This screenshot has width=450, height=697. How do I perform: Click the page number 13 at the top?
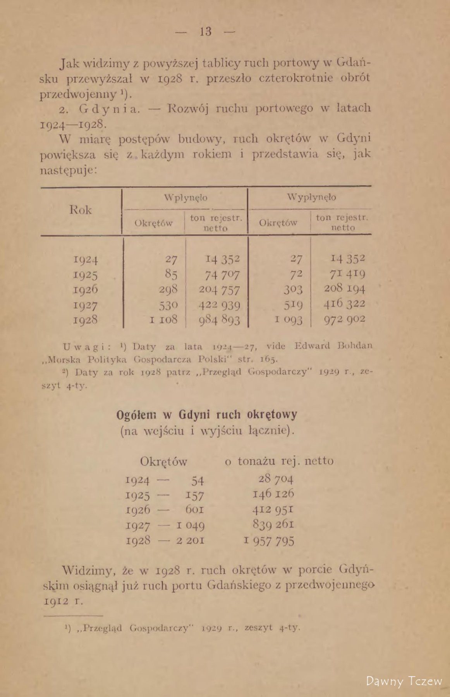[x=205, y=31]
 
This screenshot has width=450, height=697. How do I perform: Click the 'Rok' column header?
[x=81, y=210]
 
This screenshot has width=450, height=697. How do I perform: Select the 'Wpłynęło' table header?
[x=185, y=198]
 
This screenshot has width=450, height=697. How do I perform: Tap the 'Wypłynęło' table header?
[x=312, y=197]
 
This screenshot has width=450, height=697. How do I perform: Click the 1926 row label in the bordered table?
[x=85, y=290]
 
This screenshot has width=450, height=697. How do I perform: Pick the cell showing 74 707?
[x=222, y=275]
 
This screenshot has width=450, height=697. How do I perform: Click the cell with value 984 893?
[x=219, y=320]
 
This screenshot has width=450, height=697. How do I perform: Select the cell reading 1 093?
[x=288, y=320]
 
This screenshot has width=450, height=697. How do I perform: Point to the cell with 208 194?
[x=344, y=289]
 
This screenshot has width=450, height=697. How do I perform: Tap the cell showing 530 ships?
[x=168, y=305]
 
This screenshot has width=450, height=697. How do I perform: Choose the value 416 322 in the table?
[x=344, y=304]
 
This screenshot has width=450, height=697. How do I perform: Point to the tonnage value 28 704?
[x=276, y=479]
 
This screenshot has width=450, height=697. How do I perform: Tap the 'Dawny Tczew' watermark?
[x=404, y=681]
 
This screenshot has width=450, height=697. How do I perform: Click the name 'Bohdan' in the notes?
[x=358, y=346]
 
